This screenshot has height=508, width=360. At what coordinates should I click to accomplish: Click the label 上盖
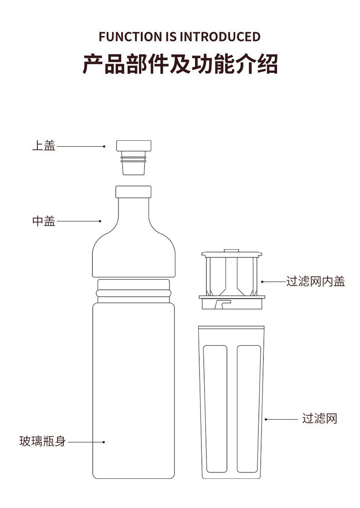tap(43, 146)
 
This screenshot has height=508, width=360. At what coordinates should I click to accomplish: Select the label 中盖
tap(43, 221)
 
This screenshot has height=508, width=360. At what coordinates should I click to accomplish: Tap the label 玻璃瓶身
tap(42, 441)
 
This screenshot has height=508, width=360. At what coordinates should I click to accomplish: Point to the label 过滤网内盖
tap(315, 282)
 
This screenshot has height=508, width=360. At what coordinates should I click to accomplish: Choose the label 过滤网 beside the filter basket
tap(319, 419)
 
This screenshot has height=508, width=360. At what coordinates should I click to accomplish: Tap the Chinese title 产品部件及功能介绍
tap(180, 64)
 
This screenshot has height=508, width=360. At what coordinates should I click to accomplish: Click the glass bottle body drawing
tap(134, 392)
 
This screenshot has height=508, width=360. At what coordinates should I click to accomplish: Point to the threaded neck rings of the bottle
tap(134, 291)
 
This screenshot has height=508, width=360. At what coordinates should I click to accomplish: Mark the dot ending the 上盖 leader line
tap(104, 146)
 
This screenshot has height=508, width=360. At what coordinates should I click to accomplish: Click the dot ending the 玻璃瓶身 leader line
tap(104, 441)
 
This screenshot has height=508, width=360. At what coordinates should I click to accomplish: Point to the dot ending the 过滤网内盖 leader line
tap(262, 282)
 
